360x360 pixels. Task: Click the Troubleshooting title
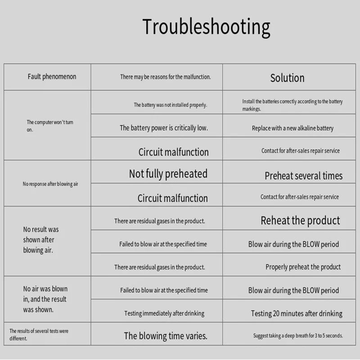pos(206,27)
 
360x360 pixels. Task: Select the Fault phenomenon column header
pos(52,76)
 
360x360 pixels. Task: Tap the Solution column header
pos(287,78)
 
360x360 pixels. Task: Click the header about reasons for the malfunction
pos(165,77)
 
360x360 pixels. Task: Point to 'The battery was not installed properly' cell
pos(171,105)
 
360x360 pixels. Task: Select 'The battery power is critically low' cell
pos(164,128)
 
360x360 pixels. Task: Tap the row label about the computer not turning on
pos(50,126)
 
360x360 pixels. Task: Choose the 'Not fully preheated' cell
pos(168,174)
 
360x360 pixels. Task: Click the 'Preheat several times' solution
pos(303,176)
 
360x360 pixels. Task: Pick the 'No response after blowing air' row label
pos(50,184)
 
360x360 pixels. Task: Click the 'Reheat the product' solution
pos(300,220)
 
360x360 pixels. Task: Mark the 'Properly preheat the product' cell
pos(303,267)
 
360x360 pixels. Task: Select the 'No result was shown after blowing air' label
pos(41,240)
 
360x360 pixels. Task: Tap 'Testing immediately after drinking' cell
pos(164,313)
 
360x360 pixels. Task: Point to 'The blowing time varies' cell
pos(166,336)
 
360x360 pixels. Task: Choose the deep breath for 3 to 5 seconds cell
pos(298,336)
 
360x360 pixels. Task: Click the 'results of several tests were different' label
pos(39,334)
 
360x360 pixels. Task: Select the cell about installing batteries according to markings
pos(292,105)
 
